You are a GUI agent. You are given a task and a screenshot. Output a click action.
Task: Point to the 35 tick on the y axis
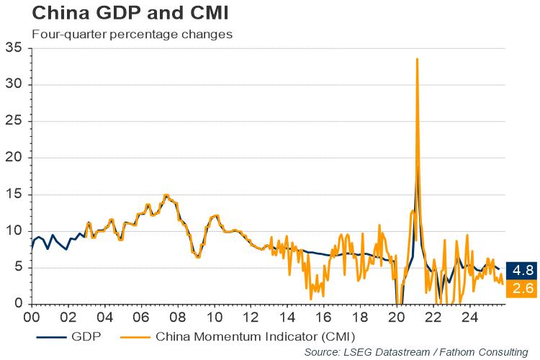pyautogui.click(x=14, y=49)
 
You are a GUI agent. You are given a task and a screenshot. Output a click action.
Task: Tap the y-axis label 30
pyautogui.click(x=14, y=85)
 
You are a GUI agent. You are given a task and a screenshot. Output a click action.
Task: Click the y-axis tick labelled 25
pyautogui.click(x=14, y=122)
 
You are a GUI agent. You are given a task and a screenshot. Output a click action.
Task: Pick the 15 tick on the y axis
pyautogui.click(x=14, y=194)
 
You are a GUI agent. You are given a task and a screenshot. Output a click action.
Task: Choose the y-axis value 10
pyautogui.click(x=14, y=231)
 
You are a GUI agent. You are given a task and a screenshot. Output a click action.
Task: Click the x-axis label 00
pyautogui.click(x=31, y=316)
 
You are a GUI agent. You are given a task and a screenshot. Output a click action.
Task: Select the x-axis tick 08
pyautogui.click(x=178, y=316)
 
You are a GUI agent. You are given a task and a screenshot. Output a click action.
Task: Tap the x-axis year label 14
pyautogui.click(x=287, y=316)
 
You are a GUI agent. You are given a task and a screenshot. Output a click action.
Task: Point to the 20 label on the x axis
pyautogui.click(x=397, y=316)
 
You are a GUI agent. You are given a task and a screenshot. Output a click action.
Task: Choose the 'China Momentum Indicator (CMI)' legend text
pyautogui.click(x=256, y=335)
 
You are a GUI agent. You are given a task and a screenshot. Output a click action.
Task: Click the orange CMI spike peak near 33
pyautogui.click(x=418, y=59)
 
